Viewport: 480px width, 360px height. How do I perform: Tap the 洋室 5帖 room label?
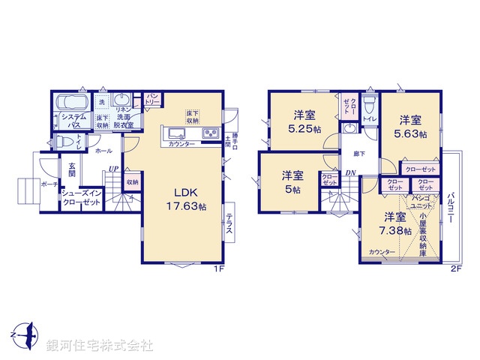click(292, 181)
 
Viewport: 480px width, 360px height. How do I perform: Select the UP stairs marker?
click(112, 169)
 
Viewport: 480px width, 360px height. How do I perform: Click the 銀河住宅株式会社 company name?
click(98, 346)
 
